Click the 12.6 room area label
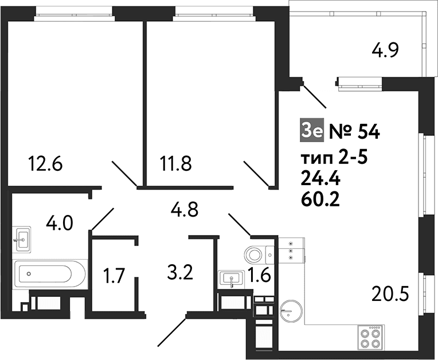pyautogui.click(x=45, y=164)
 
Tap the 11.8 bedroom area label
pyautogui.click(x=175, y=164)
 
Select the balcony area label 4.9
pyautogui.click(x=385, y=50)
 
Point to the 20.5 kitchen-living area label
pyautogui.click(x=390, y=294)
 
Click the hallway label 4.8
pyautogui.click(x=185, y=209)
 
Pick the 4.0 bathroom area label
pyautogui.click(x=60, y=224)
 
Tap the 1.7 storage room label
pyautogui.click(x=114, y=276)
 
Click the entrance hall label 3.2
pyautogui.click(x=180, y=273)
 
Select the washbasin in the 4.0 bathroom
pyautogui.click(x=22, y=240)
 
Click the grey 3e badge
pyautogui.click(x=312, y=131)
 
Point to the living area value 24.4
pyautogui.click(x=320, y=179)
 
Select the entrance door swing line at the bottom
pyautogui.click(x=172, y=330)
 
